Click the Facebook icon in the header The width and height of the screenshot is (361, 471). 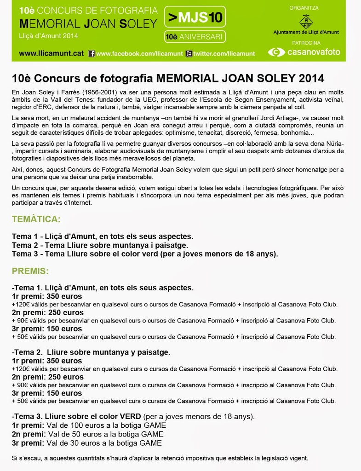coord(91,54)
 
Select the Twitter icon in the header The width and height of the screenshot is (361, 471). coord(189,54)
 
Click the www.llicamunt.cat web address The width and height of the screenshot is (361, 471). coord(51,53)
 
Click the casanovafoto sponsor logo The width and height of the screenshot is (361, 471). coord(304,52)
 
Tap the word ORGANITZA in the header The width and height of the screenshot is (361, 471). coord(304,8)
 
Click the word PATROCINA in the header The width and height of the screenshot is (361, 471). coord(304,42)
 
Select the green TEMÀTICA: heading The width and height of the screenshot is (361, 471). coord(36,219)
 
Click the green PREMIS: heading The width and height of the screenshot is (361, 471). coord(30,271)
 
